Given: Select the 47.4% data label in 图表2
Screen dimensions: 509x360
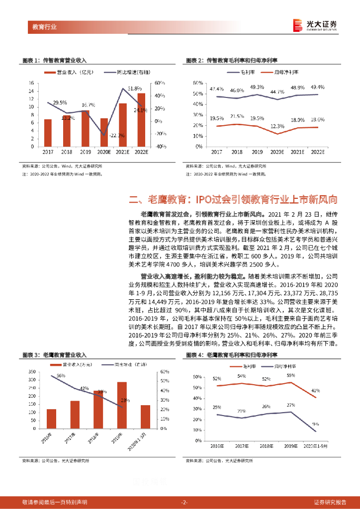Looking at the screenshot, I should [217, 89].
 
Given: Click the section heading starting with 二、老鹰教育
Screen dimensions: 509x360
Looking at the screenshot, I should [234, 200].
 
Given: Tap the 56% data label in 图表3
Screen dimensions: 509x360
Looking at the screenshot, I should [61, 376].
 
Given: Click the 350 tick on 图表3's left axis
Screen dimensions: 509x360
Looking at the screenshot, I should [31, 372].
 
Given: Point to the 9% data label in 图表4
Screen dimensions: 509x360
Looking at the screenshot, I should [316, 424].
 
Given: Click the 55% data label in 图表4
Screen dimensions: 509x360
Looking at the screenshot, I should [290, 376].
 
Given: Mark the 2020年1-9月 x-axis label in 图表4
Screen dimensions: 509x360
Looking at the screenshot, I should [315, 447].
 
